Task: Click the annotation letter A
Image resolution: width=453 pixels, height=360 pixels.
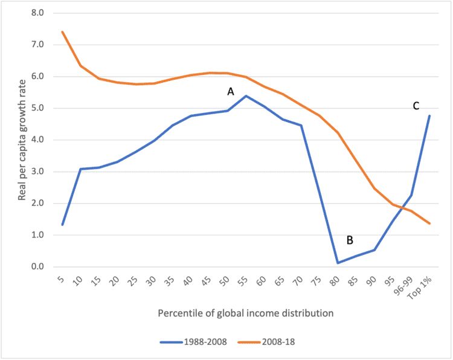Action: click(230, 91)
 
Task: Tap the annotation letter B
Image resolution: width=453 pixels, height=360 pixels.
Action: click(349, 240)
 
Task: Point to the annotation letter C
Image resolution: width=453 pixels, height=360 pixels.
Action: click(416, 106)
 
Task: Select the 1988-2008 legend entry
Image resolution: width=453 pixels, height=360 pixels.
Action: click(193, 342)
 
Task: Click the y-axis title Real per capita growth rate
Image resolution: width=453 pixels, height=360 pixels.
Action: click(22, 140)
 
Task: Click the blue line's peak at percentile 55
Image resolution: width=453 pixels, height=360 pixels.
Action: click(246, 95)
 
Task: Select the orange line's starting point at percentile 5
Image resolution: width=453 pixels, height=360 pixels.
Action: click(62, 31)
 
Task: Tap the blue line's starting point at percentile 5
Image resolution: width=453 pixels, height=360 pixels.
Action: click(62, 225)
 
